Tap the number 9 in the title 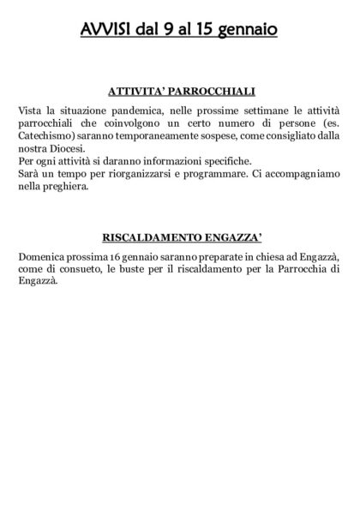pos(170,30)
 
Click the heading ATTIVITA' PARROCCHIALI pos(182,90)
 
